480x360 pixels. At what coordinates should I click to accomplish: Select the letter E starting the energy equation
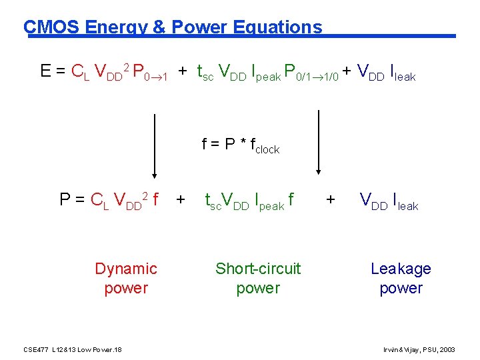click(46, 71)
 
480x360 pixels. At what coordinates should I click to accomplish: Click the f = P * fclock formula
click(241, 145)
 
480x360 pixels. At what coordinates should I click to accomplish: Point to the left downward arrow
click(154, 154)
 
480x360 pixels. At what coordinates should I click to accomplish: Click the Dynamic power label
click(126, 279)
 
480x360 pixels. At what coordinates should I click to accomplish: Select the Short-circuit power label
click(258, 279)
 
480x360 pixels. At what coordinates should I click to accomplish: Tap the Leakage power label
click(401, 279)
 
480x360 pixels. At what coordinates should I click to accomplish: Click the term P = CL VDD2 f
click(109, 200)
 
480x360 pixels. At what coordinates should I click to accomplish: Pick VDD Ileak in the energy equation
click(387, 72)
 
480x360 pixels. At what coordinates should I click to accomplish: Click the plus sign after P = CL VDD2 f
click(180, 199)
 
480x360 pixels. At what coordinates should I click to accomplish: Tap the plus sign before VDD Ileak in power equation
click(330, 199)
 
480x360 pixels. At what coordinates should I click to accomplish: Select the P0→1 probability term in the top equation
click(150, 72)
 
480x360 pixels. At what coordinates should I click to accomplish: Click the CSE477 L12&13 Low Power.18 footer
click(72, 350)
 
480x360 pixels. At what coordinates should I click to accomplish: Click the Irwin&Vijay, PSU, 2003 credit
click(419, 350)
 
